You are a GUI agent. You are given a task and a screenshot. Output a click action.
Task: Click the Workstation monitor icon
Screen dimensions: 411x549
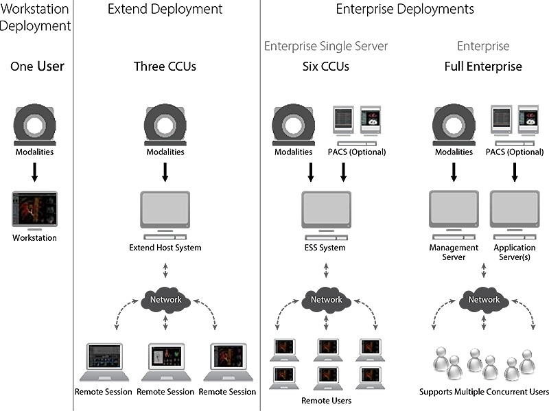tap(35, 211)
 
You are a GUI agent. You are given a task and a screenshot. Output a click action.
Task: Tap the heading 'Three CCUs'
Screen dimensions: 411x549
tap(165, 67)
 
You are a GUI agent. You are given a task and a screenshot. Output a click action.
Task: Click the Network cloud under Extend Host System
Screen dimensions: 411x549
tap(165, 299)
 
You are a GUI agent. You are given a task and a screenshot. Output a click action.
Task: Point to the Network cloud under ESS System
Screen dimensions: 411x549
tap(326, 299)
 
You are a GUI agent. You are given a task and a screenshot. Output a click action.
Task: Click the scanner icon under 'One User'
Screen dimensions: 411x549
tap(35, 124)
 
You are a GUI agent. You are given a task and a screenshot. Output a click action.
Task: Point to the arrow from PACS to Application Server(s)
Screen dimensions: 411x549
tap(514, 172)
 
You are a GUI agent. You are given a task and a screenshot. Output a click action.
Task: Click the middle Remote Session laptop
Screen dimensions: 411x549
tap(165, 362)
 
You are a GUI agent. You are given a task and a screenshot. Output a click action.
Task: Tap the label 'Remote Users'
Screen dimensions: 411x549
tap(326, 400)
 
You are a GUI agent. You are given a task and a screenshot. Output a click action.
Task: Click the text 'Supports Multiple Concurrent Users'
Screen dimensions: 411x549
tap(484, 392)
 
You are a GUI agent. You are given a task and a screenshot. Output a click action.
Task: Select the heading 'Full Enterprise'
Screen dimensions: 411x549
tap(483, 67)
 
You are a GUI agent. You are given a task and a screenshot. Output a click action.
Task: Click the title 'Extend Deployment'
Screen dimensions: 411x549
tap(165, 9)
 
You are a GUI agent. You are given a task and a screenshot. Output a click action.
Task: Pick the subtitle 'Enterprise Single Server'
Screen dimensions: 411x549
tap(326, 46)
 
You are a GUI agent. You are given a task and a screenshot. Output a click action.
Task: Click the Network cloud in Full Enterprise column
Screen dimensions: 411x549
tap(484, 299)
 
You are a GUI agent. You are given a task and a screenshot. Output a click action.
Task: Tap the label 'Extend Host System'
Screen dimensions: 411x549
tap(165, 247)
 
